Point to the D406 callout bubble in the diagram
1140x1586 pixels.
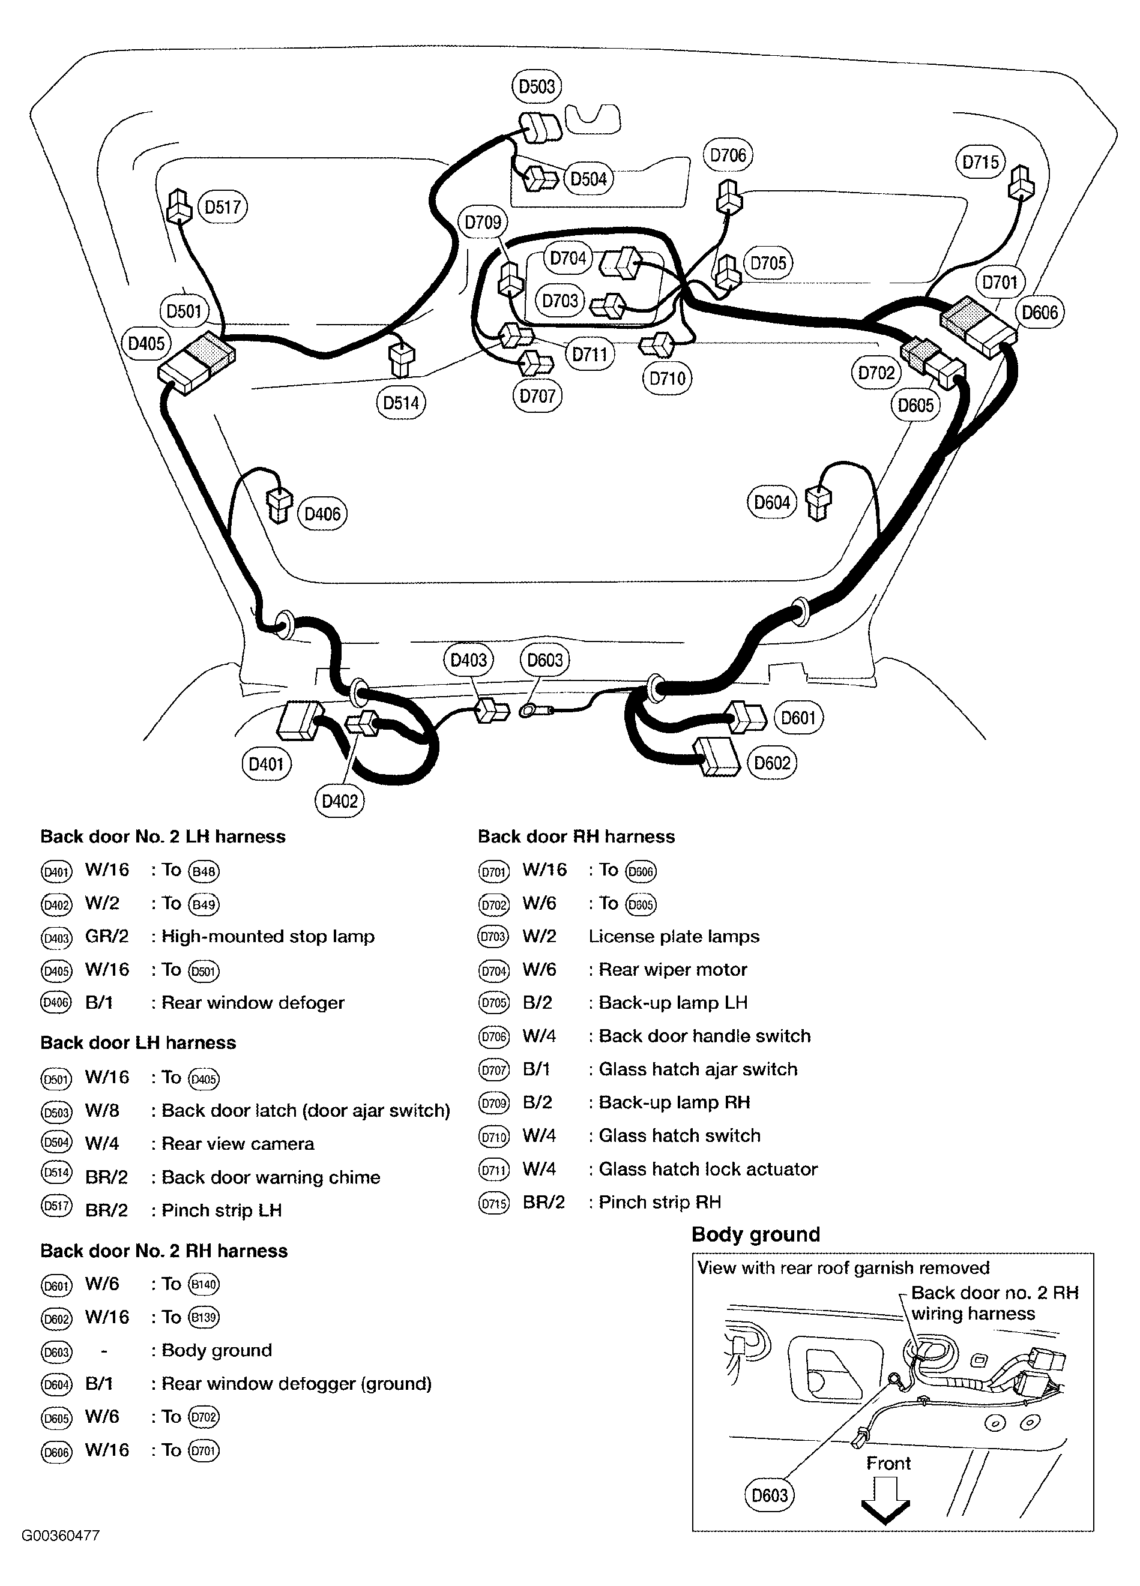[x=322, y=515]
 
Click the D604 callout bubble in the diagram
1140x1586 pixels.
[x=772, y=503]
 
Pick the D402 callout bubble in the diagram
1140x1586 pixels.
[x=339, y=801]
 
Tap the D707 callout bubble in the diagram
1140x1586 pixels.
[x=537, y=397]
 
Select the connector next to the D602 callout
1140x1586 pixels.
[x=716, y=757]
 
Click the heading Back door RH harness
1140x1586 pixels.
[x=576, y=837]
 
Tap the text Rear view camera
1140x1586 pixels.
[x=238, y=1144]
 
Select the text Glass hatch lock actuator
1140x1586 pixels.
[x=708, y=1169]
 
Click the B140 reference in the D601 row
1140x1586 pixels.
[x=204, y=1285]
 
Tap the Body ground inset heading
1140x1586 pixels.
[x=755, y=1235]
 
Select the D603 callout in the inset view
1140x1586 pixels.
[x=770, y=1496]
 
